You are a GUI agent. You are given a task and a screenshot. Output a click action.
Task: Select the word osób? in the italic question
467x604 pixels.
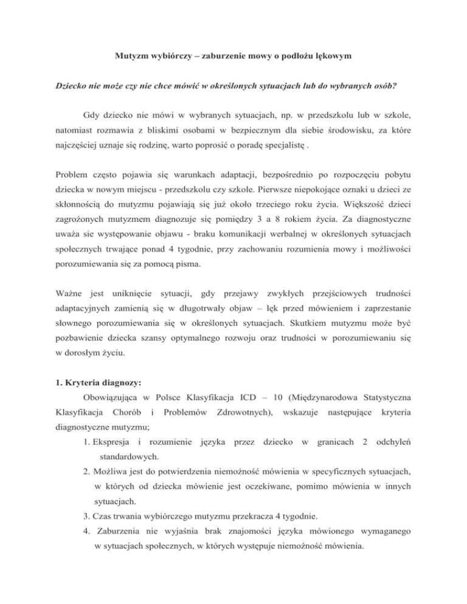(x=381, y=86)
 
